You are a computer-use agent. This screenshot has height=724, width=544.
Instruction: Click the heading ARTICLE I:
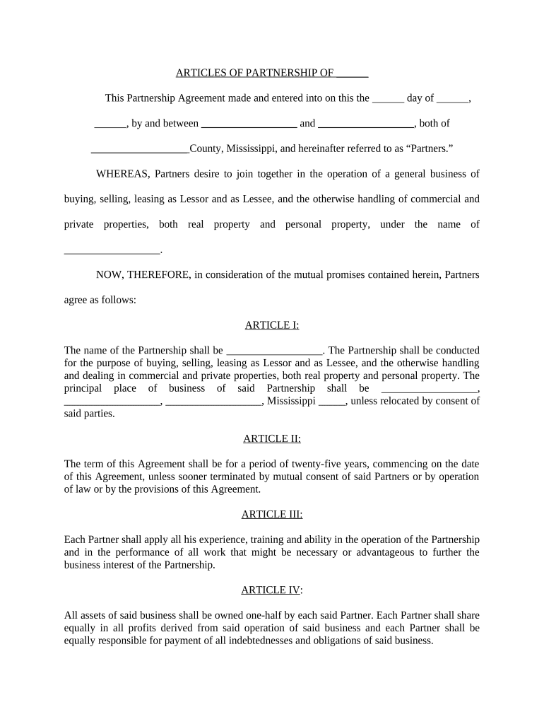pos(272,325)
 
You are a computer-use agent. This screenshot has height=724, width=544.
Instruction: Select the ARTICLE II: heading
pos(272,438)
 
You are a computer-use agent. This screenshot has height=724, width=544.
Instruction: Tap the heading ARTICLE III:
pos(272,514)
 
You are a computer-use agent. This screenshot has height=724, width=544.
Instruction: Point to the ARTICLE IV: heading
pos(272,590)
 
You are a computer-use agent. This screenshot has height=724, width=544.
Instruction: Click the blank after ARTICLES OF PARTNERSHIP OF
pos(352,73)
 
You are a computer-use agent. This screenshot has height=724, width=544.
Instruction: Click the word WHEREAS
pos(122,174)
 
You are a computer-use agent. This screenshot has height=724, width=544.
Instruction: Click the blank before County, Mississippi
pos(140,149)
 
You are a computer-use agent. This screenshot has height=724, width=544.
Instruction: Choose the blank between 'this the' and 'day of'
pos(388,98)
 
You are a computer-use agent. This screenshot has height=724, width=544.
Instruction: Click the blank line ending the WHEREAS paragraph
pos(112,250)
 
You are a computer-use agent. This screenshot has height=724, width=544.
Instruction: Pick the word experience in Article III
pos(185,540)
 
